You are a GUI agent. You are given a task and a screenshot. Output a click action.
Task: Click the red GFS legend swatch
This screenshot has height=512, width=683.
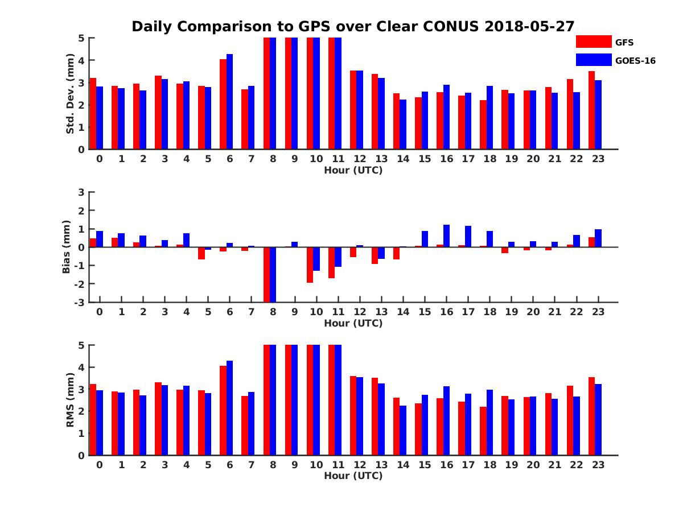pos(593,42)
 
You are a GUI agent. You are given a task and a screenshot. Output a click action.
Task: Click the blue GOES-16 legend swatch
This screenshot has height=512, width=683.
pos(593,60)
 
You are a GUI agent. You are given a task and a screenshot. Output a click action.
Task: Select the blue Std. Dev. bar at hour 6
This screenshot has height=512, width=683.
pos(229,102)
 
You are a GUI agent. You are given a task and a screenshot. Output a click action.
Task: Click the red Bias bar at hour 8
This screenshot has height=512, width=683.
pos(266,274)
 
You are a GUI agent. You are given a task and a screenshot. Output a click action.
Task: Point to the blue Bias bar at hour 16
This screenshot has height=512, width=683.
pos(446,236)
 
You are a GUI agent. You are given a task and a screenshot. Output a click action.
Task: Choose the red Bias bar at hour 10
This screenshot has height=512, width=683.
pos(310,265)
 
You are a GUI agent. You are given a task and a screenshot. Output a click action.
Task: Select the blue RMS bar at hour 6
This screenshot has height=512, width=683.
pos(229,408)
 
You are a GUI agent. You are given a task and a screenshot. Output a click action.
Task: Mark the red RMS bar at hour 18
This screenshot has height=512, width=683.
pos(483,431)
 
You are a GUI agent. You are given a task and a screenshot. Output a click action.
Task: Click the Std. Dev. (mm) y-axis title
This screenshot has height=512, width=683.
pos(70,94)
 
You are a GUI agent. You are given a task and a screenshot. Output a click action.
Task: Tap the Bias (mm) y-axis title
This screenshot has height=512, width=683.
pos(67,247)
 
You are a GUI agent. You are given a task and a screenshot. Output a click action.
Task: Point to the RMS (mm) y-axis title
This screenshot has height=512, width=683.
pos(70,400)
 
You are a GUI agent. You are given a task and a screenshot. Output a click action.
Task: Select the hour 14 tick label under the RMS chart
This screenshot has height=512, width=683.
pos(403,465)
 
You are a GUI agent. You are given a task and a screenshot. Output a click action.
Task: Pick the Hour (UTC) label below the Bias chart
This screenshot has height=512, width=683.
pos(353,323)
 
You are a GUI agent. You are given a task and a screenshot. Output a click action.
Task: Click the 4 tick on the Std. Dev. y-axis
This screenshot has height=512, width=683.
pos(81,60)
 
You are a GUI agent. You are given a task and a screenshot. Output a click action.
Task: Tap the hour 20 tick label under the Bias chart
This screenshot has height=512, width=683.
pos(533,312)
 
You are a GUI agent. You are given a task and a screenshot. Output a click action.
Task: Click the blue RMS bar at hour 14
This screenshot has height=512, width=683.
pos(403,430)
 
